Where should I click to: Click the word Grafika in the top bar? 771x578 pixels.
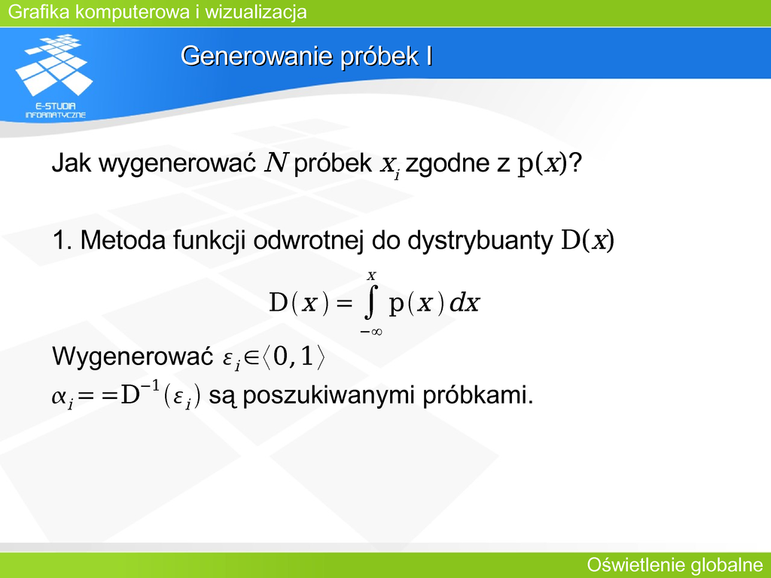click(x=39, y=12)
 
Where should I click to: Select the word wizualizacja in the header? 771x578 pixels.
click(x=256, y=12)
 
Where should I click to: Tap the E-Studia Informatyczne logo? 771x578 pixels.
click(x=54, y=76)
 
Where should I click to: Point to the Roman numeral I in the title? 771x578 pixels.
click(x=428, y=56)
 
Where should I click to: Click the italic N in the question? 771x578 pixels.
click(x=276, y=163)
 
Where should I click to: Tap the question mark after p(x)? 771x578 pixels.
click(x=575, y=163)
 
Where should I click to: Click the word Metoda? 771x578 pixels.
click(x=123, y=240)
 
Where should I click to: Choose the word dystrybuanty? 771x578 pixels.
click(x=480, y=242)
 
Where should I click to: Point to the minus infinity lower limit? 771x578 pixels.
click(x=371, y=332)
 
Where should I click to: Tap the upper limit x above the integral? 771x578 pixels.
click(x=372, y=276)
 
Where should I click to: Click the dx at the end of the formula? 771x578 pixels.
click(x=465, y=303)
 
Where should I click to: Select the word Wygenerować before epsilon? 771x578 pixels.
click(x=133, y=357)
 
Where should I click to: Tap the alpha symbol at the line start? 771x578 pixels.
click(x=59, y=396)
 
